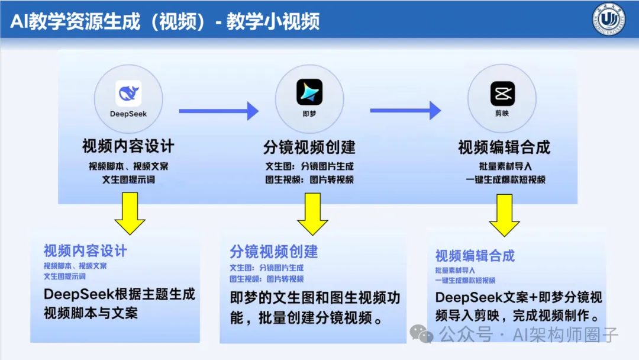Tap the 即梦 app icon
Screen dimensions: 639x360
tap(309, 92)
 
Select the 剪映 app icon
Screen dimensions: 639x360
tap(502, 93)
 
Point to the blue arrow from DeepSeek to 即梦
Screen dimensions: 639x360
tap(218, 111)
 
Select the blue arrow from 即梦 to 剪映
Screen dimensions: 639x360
tap(405, 111)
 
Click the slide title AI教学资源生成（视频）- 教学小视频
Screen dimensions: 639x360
tap(165, 21)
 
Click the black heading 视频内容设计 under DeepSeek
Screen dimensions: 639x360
tap(128, 146)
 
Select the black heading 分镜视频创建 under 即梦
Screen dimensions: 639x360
tap(309, 146)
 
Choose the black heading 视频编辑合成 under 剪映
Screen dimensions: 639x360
tap(504, 147)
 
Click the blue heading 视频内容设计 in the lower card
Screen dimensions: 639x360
tap(85, 250)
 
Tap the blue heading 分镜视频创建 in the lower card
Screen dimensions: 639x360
tap(274, 251)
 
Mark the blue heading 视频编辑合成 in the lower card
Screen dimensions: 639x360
tap(475, 256)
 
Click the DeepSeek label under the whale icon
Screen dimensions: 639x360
tap(128, 113)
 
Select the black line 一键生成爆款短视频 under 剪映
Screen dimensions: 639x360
tap(504, 179)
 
